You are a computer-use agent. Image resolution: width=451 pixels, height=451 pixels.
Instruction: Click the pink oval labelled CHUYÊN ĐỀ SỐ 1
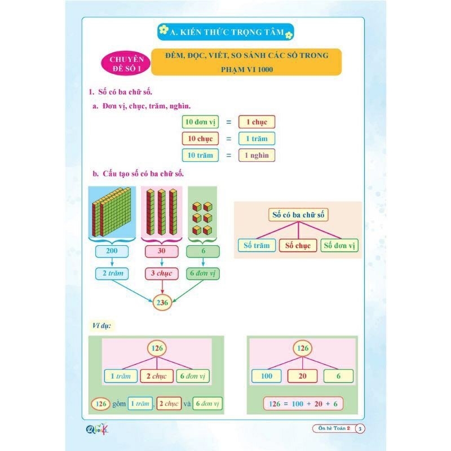click(126, 64)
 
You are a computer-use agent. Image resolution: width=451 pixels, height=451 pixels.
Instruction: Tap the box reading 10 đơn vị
click(200, 122)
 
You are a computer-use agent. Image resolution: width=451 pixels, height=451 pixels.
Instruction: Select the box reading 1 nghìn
click(257, 156)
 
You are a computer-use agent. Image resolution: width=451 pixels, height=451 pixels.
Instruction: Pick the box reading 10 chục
click(200, 139)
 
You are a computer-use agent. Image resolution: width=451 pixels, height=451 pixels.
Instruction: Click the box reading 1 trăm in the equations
click(257, 139)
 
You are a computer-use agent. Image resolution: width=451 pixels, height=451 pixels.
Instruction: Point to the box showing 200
click(112, 251)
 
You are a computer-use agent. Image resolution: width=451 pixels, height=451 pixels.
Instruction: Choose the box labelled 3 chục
click(162, 273)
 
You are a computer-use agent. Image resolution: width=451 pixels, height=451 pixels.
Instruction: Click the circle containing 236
click(162, 303)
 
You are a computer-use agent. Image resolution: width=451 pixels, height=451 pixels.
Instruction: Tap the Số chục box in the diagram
click(298, 246)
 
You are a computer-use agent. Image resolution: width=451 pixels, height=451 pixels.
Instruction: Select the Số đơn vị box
click(339, 246)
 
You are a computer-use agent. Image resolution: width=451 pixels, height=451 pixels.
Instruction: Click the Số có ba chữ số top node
click(298, 215)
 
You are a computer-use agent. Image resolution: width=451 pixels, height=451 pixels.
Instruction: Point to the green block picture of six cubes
click(202, 213)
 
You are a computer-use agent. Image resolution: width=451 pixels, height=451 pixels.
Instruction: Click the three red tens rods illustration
click(161, 213)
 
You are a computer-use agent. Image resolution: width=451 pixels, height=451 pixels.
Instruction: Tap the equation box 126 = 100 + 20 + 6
click(303, 404)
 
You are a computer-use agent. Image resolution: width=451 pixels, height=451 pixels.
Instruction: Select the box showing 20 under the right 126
click(303, 376)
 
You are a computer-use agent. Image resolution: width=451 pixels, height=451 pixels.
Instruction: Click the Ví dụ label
click(101, 326)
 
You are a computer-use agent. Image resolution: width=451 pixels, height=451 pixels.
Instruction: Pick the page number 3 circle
click(360, 429)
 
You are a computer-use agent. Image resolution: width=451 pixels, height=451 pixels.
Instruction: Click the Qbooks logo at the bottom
click(97, 429)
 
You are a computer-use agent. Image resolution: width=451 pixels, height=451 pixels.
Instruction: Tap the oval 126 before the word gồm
click(101, 404)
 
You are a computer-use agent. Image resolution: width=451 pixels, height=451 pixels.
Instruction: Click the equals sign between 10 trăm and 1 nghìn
click(229, 156)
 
